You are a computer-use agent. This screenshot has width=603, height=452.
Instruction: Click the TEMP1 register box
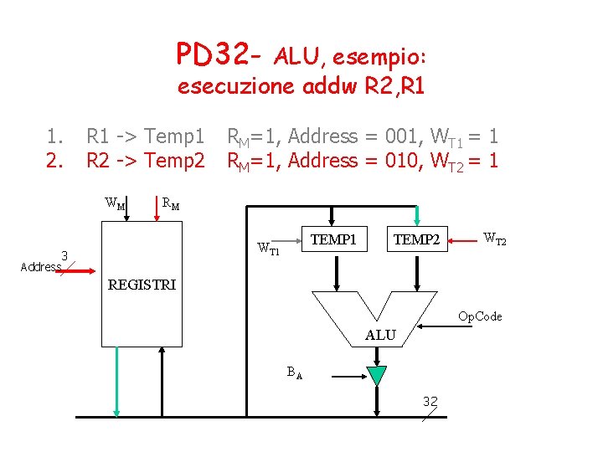(x=334, y=240)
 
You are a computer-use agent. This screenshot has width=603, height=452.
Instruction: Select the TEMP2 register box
(x=416, y=240)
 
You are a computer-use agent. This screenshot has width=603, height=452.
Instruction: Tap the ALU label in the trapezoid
(x=380, y=335)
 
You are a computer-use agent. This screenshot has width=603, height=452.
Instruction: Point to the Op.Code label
(x=479, y=316)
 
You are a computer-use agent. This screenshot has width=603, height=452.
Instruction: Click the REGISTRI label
(x=142, y=285)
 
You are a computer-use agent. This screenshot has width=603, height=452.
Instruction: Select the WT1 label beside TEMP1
(x=268, y=248)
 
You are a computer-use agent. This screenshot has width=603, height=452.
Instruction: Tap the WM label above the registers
(x=116, y=203)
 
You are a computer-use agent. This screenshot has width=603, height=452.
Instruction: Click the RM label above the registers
(x=169, y=202)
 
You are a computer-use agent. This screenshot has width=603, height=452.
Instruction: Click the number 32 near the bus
(x=430, y=402)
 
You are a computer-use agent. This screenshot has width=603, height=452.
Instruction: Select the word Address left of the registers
(x=40, y=267)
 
